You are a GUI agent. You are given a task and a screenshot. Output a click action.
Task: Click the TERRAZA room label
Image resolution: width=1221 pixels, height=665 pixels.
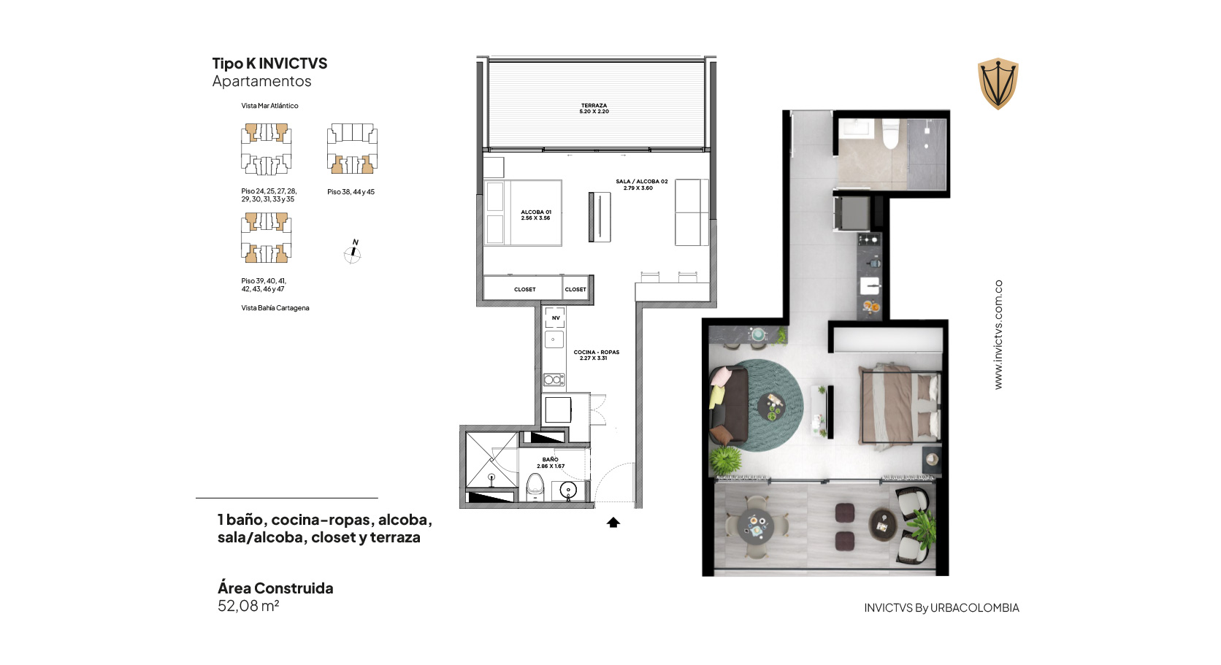(x=594, y=109)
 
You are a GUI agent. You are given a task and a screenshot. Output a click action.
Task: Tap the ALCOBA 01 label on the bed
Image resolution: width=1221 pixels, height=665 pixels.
(x=535, y=215)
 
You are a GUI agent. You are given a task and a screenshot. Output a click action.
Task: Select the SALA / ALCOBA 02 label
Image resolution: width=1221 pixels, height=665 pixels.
(x=642, y=185)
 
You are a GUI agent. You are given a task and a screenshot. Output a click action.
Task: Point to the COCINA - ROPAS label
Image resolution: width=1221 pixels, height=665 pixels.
(x=596, y=355)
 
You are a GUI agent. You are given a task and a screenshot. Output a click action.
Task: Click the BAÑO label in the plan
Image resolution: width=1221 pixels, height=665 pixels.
(x=550, y=463)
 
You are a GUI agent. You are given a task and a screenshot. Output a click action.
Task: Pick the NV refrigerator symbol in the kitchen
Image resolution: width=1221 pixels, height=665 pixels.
(x=555, y=318)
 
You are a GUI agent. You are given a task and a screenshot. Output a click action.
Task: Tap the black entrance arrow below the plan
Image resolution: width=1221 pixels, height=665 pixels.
(x=613, y=522)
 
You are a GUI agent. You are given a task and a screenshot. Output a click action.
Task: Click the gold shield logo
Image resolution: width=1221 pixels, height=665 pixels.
(x=998, y=83)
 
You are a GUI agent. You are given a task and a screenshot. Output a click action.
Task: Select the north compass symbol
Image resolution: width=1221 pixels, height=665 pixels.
(x=353, y=252)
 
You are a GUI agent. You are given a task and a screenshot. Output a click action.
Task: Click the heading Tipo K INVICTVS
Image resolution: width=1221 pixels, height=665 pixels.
(x=269, y=64)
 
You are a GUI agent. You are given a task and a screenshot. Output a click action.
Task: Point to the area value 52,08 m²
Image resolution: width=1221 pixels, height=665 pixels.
(x=248, y=606)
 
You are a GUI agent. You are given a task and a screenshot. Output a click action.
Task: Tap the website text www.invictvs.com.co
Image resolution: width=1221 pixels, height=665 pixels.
(x=998, y=334)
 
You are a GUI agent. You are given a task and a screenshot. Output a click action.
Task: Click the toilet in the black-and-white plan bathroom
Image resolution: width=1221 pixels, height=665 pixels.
(x=535, y=487)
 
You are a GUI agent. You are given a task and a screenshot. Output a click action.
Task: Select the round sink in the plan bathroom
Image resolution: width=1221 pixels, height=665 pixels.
(x=568, y=490)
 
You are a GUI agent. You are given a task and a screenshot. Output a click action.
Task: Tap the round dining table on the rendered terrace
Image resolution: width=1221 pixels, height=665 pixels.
(x=756, y=526)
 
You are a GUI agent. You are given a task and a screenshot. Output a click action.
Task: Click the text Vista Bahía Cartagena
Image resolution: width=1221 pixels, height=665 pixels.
(x=275, y=308)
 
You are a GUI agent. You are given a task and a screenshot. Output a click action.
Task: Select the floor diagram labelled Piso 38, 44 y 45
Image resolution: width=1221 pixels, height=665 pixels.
(x=352, y=149)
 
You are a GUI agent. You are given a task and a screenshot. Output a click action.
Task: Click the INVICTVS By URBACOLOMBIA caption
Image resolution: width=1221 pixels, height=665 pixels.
(x=941, y=608)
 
